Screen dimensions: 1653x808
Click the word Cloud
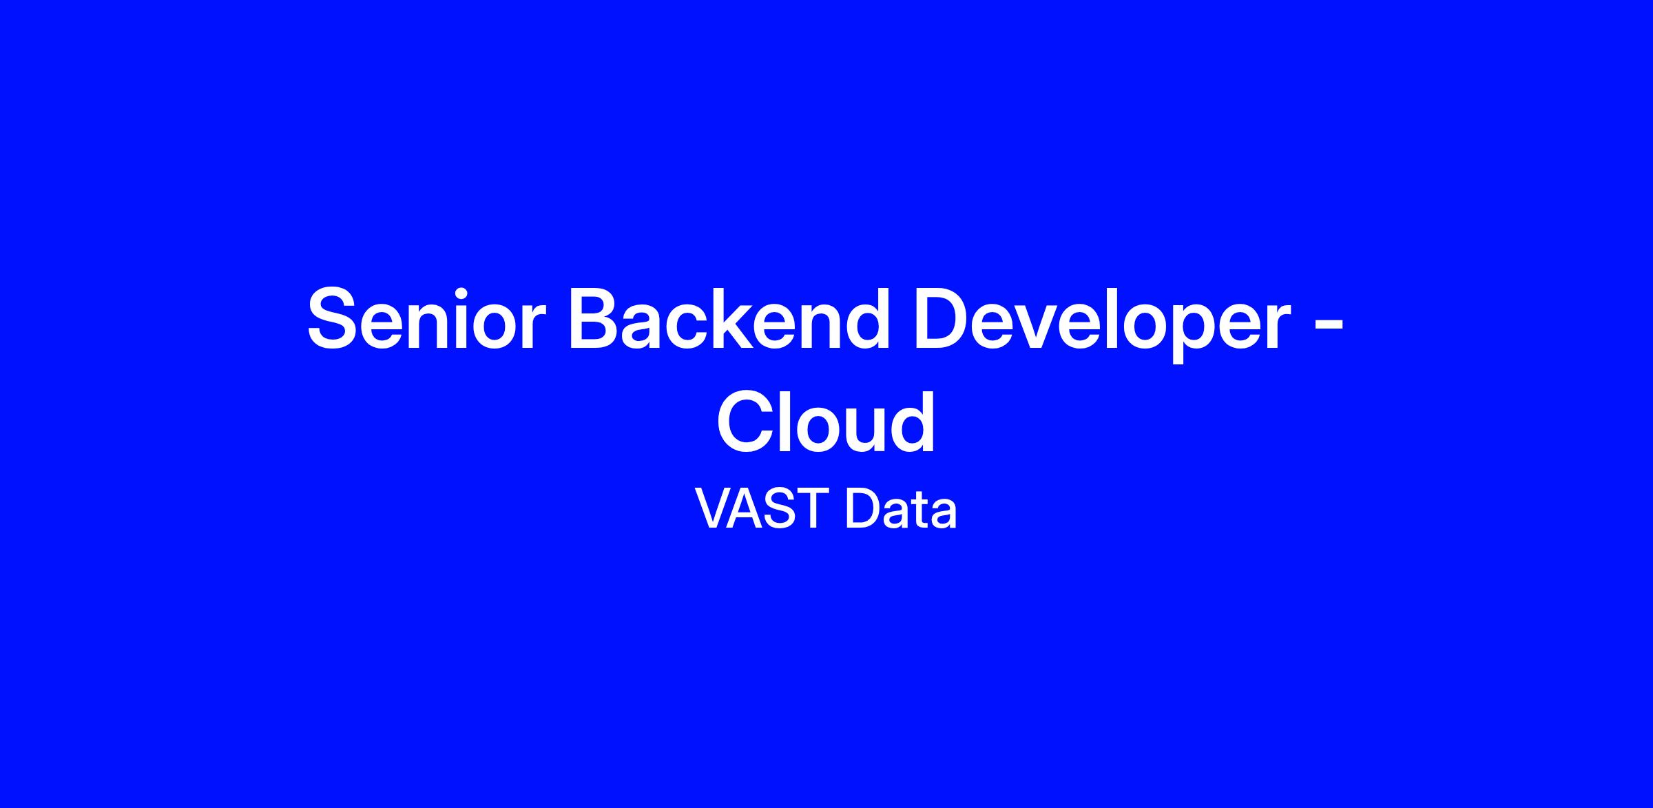[826, 421]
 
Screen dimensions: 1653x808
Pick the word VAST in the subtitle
[761, 508]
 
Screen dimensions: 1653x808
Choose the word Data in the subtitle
[901, 508]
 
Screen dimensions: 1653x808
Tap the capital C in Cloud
[747, 421]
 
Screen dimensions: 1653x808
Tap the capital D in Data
[863, 508]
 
